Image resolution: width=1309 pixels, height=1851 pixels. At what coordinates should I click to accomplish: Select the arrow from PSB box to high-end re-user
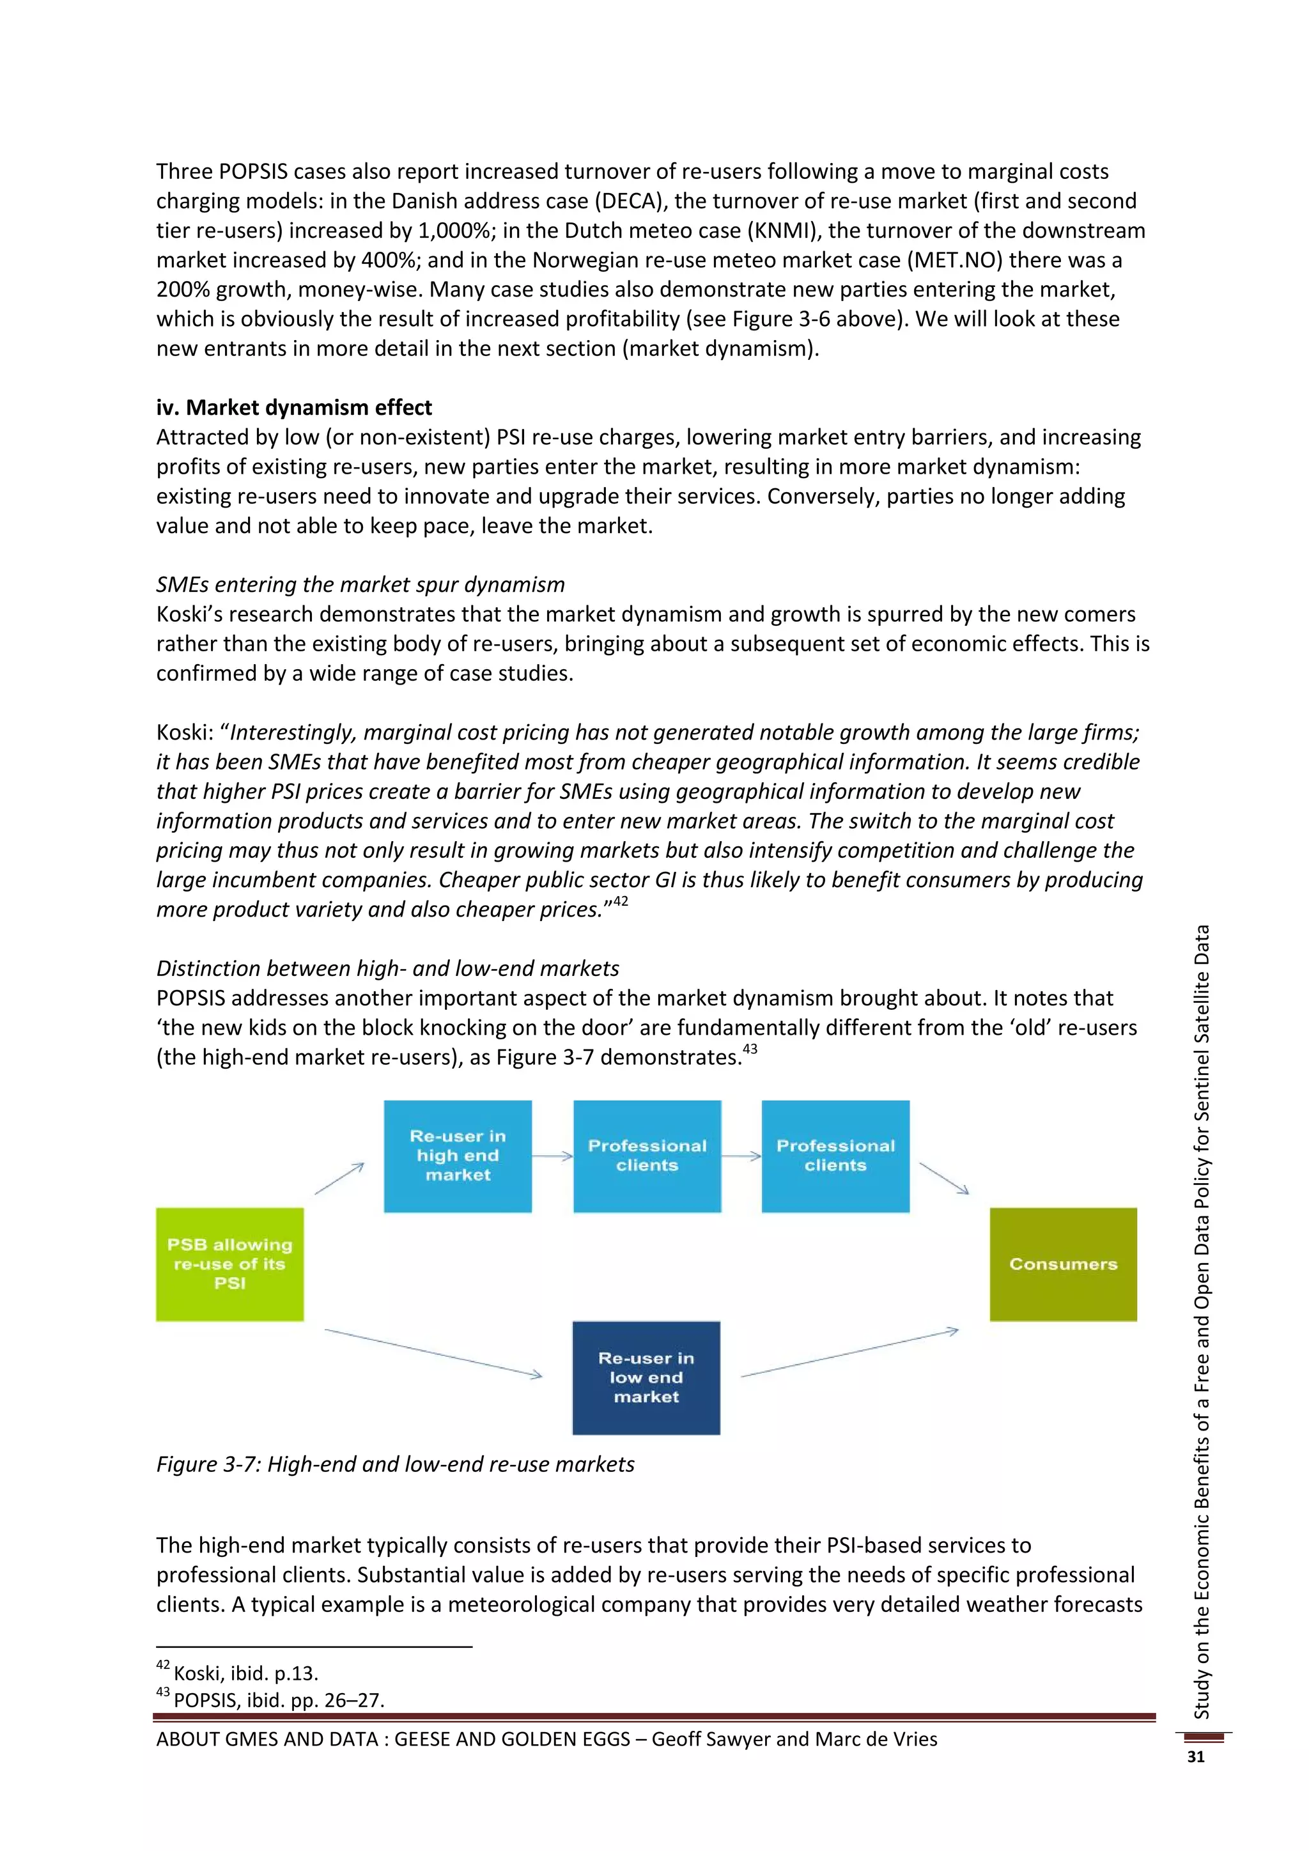339,1179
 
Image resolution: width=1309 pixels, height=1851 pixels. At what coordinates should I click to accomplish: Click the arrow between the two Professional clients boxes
741,1156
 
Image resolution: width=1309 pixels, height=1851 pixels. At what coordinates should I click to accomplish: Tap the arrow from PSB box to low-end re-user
433,1354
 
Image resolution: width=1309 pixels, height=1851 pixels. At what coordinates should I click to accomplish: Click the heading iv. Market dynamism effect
294,407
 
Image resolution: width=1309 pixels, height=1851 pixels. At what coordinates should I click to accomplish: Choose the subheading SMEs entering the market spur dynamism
360,584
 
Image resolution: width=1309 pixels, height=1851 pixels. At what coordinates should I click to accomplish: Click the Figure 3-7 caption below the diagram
395,1464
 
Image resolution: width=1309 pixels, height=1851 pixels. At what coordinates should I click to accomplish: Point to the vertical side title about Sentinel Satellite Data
1201,1322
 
